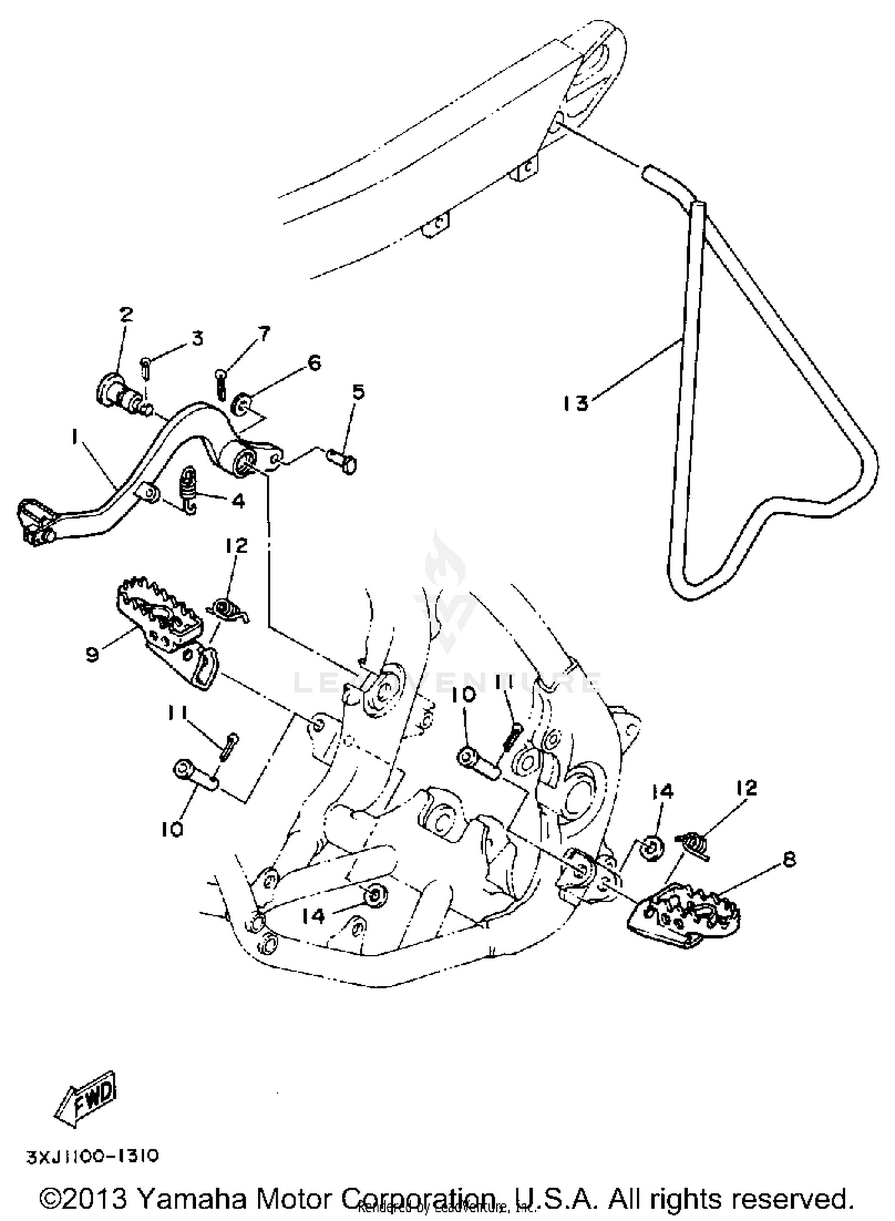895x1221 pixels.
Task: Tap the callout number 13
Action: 576,404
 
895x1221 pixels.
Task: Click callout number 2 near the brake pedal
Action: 126,314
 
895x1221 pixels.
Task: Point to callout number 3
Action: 197,338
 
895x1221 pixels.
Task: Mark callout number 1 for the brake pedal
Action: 75,438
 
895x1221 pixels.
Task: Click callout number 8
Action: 789,859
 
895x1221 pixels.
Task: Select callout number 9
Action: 91,655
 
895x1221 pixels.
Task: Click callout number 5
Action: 357,392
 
